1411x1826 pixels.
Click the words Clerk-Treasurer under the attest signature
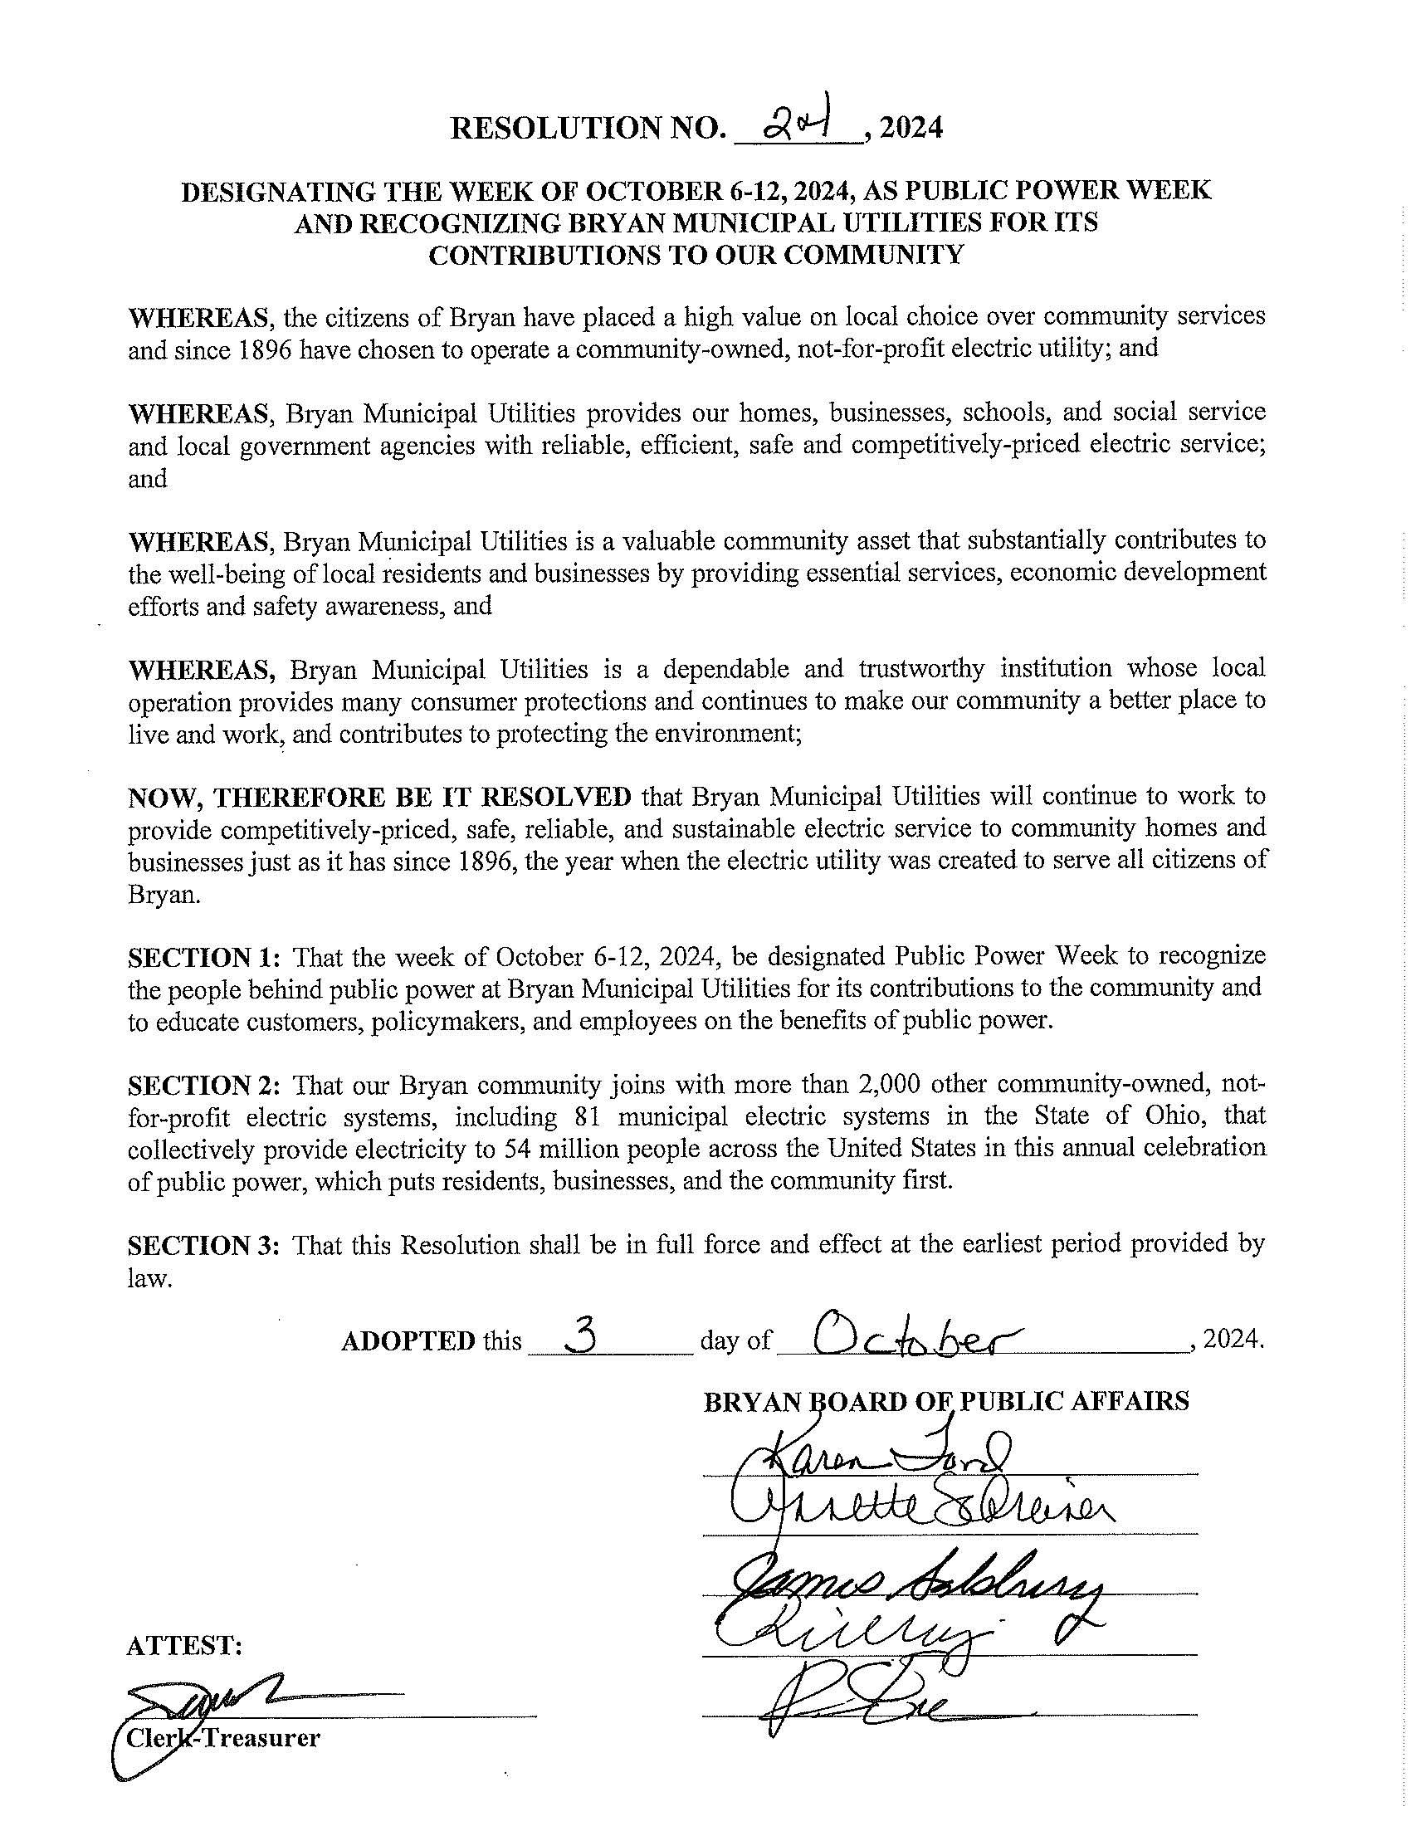click(222, 1738)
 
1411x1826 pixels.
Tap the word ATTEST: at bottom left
click(184, 1645)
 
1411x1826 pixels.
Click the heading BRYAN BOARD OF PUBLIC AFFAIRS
click(946, 1400)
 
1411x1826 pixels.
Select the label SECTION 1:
click(206, 955)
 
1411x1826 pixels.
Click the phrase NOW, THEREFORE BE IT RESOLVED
click(379, 796)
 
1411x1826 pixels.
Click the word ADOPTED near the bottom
click(408, 1341)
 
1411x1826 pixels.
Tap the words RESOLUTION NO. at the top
click(587, 128)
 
